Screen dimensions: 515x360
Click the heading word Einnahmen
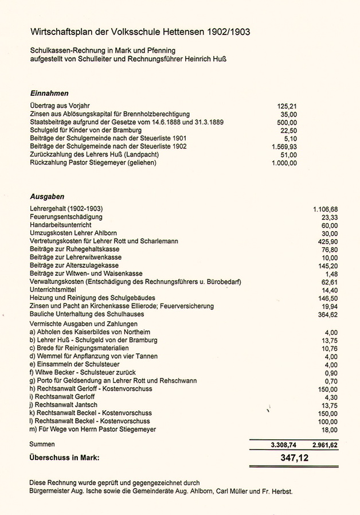pos(49,93)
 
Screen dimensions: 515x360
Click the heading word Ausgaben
pos(46,196)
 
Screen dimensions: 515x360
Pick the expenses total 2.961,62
pos(322,444)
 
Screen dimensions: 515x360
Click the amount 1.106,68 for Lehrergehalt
pos(326,209)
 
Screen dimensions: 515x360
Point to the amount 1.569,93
pos(284,147)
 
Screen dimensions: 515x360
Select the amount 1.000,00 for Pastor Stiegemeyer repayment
pos(284,163)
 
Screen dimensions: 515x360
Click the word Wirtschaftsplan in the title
pos(61,32)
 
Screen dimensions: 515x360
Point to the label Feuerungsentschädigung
pos(66,217)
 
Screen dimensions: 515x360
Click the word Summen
pos(42,444)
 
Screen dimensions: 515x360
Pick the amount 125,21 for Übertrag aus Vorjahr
pos(287,106)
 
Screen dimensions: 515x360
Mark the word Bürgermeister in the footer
pos(50,491)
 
